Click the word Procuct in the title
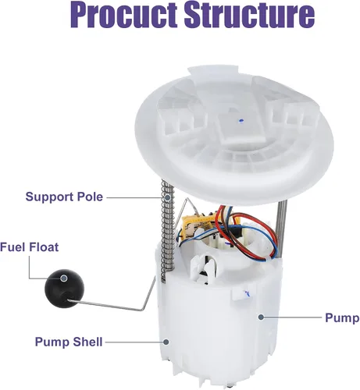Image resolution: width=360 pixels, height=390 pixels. point(124,15)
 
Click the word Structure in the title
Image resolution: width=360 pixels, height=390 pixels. point(250,15)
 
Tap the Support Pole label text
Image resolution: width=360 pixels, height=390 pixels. point(64,197)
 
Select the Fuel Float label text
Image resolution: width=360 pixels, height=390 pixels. point(30,247)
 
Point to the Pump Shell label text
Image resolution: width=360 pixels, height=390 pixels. point(69,342)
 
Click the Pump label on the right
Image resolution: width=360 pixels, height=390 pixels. point(342,318)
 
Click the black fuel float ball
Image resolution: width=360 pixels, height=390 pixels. point(64,288)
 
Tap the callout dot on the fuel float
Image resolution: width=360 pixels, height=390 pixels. point(64,278)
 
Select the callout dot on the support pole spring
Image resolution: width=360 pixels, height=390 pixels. point(168,198)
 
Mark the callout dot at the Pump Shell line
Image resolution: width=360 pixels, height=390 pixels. point(166,342)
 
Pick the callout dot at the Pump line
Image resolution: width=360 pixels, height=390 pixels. point(261,317)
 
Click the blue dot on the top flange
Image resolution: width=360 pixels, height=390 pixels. point(241,120)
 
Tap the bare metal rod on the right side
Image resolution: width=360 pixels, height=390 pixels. point(281,228)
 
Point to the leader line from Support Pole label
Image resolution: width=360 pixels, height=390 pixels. point(136,197)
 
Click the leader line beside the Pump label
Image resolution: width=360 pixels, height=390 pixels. point(293,317)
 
